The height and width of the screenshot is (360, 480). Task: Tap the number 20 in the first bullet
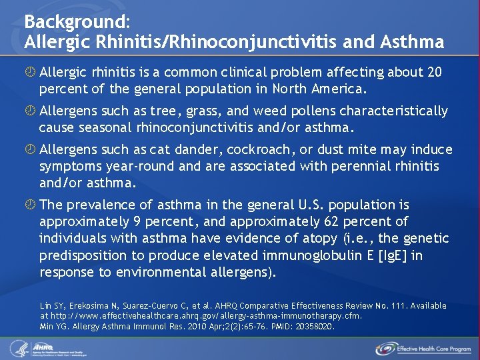[433, 72]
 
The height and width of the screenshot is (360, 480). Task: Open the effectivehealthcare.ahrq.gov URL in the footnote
[207, 316]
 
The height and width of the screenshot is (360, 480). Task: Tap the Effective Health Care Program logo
[423, 348]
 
